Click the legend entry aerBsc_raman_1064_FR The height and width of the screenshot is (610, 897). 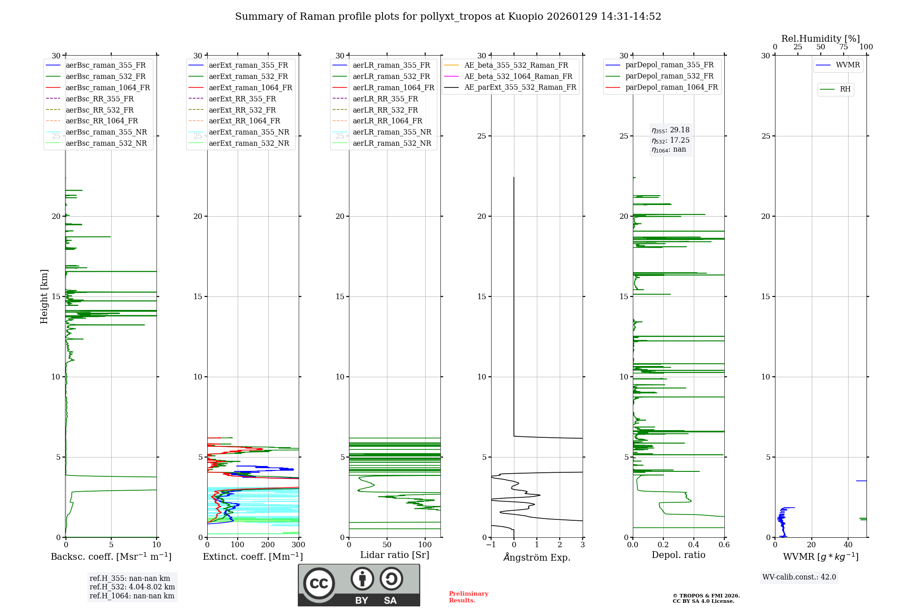click(x=108, y=88)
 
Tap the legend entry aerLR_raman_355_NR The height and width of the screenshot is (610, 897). click(x=392, y=132)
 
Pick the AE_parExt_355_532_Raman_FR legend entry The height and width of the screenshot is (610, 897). click(x=520, y=87)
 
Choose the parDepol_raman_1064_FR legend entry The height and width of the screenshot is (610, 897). click(x=671, y=87)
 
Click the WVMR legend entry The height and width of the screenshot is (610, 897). click(x=848, y=65)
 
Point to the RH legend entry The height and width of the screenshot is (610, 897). click(x=845, y=89)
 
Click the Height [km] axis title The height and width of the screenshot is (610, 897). click(x=44, y=296)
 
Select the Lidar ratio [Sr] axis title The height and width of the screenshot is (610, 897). click(x=395, y=555)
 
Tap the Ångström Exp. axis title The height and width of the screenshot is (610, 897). click(x=537, y=557)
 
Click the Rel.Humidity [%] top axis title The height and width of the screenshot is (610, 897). click(x=820, y=39)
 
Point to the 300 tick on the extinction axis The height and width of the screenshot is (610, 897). click(x=299, y=545)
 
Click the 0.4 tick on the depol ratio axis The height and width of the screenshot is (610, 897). click(x=694, y=545)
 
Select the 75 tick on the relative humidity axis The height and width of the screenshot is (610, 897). click(x=843, y=47)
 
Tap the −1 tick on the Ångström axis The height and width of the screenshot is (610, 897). click(x=491, y=545)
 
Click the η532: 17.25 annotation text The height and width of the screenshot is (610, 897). click(x=671, y=140)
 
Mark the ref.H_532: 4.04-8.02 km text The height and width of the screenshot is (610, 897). click(x=132, y=587)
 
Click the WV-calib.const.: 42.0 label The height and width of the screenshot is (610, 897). click(x=799, y=577)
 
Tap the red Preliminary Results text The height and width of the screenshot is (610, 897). click(x=468, y=597)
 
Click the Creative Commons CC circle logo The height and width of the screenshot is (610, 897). click(x=319, y=584)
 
